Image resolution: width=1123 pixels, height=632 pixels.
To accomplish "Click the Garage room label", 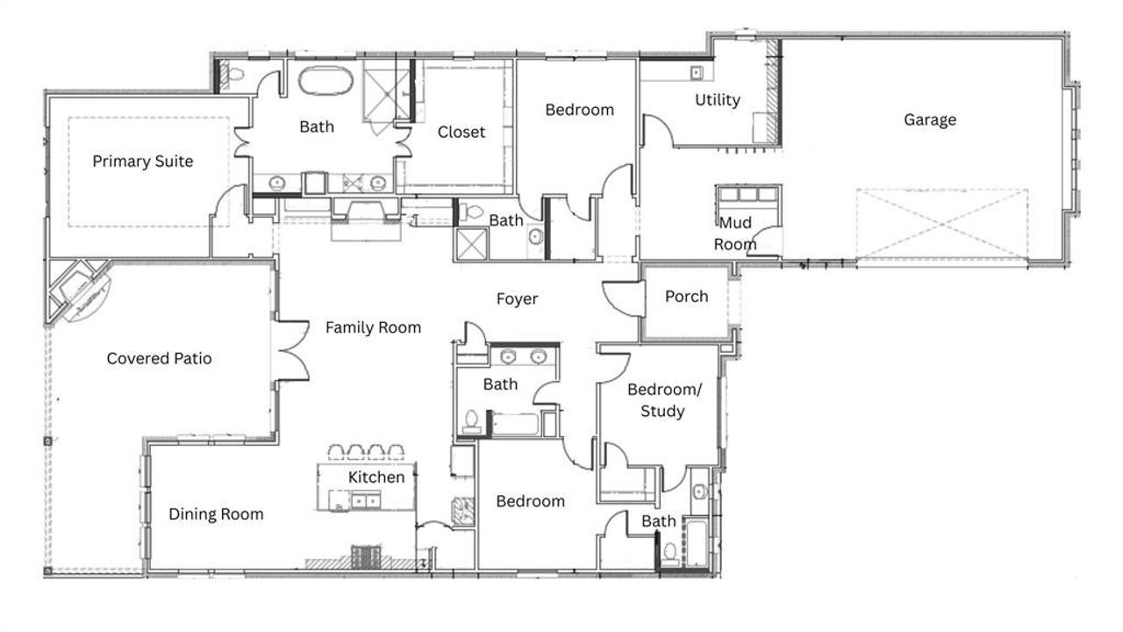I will click(930, 119).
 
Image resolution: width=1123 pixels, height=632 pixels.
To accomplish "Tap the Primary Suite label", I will click(143, 162).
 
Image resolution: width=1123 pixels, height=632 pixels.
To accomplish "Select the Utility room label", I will click(718, 100).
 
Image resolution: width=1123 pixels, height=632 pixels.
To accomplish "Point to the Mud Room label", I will click(735, 233).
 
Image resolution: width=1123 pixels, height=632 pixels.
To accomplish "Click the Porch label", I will click(686, 297).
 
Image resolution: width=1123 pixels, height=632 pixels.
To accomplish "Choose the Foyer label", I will click(517, 299).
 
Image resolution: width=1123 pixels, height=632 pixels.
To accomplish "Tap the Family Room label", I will click(373, 327).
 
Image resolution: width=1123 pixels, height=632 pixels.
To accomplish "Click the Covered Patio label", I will click(159, 358).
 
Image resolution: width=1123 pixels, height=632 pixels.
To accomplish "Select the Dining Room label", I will click(216, 514).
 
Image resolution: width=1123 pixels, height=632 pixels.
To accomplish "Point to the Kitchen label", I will click(376, 478).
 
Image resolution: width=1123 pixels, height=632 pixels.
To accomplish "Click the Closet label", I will click(461, 132).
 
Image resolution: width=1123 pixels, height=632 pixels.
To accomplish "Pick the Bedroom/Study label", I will click(662, 400).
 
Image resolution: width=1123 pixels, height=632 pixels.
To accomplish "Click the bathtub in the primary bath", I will click(325, 82).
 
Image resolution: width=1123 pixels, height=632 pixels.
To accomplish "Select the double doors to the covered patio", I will click(291, 351).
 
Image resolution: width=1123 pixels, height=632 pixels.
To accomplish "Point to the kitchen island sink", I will click(364, 500).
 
